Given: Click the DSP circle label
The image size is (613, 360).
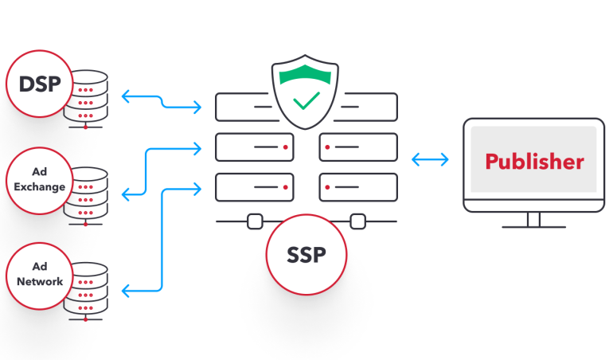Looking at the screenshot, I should (x=39, y=84).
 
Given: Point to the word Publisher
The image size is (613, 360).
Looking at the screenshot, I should (x=534, y=162).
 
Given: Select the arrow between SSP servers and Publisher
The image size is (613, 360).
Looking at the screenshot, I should (x=430, y=160).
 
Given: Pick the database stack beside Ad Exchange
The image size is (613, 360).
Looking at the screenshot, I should (x=87, y=196).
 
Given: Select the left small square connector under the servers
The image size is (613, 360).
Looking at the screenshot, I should (x=255, y=221).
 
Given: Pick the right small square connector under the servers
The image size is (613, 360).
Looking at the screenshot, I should (x=357, y=221).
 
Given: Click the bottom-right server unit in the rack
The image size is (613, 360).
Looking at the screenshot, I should (x=357, y=188).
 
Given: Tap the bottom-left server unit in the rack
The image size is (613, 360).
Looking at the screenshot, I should (x=254, y=188).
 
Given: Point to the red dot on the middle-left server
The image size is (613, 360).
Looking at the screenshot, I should (x=284, y=147).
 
